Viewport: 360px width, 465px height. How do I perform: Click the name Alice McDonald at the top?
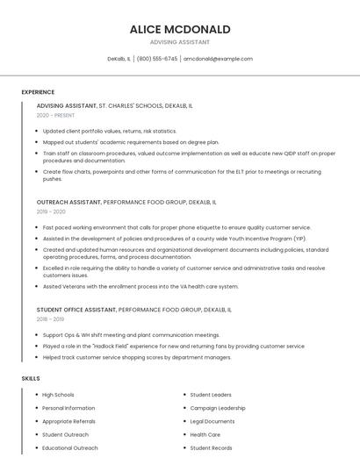tap(180, 29)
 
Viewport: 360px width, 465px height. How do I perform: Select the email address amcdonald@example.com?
tap(218, 59)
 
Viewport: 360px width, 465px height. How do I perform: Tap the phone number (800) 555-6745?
tap(157, 59)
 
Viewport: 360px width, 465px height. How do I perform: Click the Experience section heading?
tap(38, 92)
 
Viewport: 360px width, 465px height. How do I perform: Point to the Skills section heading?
tap(31, 378)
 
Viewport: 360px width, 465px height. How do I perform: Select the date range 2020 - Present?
tap(55, 115)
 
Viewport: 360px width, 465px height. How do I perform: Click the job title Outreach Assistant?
tap(68, 202)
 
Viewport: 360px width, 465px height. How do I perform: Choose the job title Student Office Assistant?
tap(76, 310)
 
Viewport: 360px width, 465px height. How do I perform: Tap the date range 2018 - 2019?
tap(51, 319)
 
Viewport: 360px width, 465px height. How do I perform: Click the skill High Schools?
tap(58, 395)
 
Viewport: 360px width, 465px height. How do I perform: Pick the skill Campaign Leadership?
tap(218, 408)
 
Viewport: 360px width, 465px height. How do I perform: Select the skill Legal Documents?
tap(212, 421)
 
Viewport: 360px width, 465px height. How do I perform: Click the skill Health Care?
tap(205, 434)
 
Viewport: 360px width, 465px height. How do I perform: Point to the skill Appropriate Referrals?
tap(68, 421)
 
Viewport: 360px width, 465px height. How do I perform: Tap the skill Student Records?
tap(211, 447)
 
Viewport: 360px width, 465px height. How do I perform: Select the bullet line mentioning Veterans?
tap(140, 286)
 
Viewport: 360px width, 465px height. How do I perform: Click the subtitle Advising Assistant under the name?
tap(180, 42)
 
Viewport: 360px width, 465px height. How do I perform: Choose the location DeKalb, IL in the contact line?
tap(119, 59)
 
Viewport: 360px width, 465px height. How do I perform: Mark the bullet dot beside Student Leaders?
tap(184, 395)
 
